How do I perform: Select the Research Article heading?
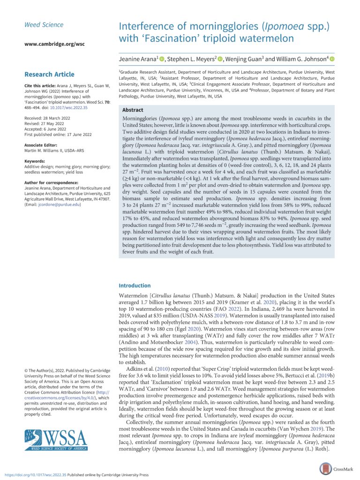pos(49,74)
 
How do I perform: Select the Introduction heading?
pos(135,285)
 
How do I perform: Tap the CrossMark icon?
pos(337,468)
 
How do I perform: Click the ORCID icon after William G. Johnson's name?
pos(332,59)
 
